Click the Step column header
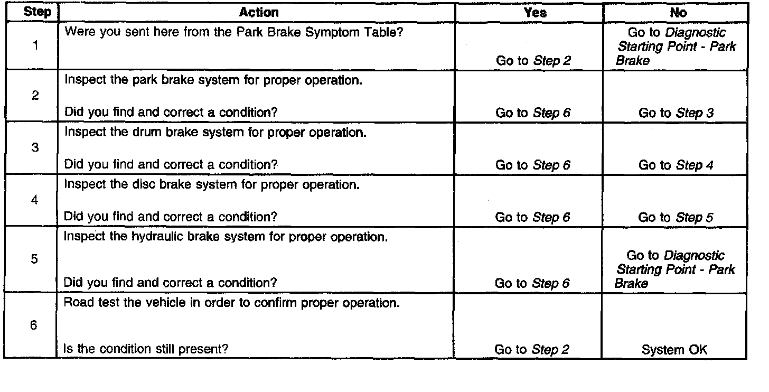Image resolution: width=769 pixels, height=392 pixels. (x=36, y=12)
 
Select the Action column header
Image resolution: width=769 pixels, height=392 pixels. (x=258, y=12)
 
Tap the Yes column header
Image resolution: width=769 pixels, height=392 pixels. (x=534, y=13)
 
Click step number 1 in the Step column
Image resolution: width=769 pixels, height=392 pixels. (x=35, y=45)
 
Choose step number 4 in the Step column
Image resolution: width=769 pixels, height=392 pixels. (x=35, y=201)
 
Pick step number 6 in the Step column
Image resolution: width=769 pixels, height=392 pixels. (x=34, y=325)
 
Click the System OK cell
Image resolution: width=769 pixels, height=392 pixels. (x=674, y=349)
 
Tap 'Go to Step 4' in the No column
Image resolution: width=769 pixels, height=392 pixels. (x=676, y=165)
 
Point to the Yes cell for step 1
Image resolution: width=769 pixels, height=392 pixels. (x=533, y=61)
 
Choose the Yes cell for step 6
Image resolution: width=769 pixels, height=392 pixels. (x=532, y=349)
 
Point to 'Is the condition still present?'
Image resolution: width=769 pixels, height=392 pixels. (x=145, y=349)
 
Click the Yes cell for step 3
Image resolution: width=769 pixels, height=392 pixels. (x=533, y=165)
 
